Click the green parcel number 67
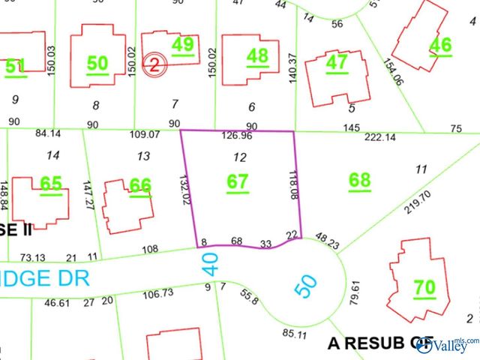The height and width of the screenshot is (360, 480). pyautogui.click(x=238, y=181)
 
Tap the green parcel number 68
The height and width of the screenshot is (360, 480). pyautogui.click(x=360, y=180)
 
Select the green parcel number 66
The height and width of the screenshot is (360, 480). pyautogui.click(x=140, y=185)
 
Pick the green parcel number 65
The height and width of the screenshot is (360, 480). pyautogui.click(x=51, y=184)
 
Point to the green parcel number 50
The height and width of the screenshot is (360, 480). pyautogui.click(x=97, y=63)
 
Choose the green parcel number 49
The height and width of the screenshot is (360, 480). pyautogui.click(x=183, y=44)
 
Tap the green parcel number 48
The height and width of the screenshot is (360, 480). pyautogui.click(x=257, y=55)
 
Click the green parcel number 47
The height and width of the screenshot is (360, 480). pyautogui.click(x=337, y=63)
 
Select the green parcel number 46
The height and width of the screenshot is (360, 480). pyautogui.click(x=440, y=45)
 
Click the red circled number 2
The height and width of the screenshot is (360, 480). pyautogui.click(x=153, y=64)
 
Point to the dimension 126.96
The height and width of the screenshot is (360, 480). pyautogui.click(x=238, y=136)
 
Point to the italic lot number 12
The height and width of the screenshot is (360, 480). pyautogui.click(x=240, y=157)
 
